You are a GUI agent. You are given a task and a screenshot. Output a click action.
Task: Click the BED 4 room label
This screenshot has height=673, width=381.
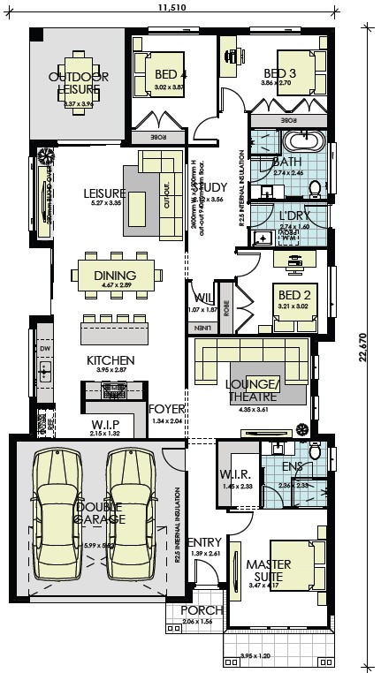pyautogui.click(x=171, y=74)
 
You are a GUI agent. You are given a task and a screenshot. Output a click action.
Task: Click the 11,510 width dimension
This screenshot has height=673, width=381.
pyautogui.click(x=172, y=8)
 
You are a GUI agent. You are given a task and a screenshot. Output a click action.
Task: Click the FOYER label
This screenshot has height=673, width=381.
pyautogui.click(x=165, y=410)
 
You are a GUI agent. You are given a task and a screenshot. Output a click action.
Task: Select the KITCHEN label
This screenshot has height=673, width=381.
pyautogui.click(x=110, y=359)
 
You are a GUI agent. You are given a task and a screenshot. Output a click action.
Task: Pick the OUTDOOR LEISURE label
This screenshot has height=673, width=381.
pyautogui.click(x=78, y=83)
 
